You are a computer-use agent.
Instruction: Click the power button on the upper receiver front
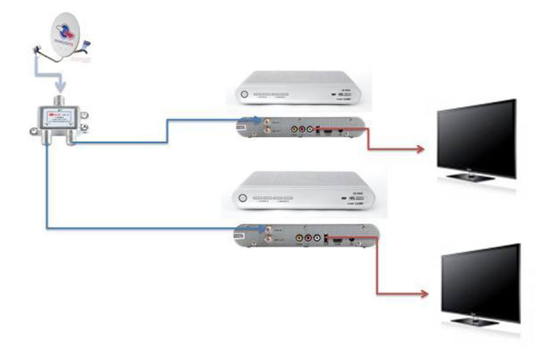[x=244, y=94]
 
